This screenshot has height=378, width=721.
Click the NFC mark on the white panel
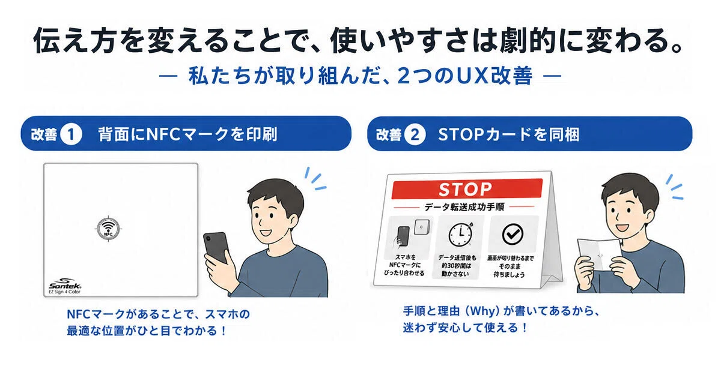pos(109,229)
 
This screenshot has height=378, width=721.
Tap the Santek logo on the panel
pos(65,283)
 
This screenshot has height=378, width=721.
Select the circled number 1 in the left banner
pos(71,134)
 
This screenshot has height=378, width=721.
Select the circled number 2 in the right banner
pos(415,134)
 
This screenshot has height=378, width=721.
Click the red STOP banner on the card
pos(467,189)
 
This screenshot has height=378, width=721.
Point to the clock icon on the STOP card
pos(461,233)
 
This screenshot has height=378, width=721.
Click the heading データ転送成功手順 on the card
pos(464,206)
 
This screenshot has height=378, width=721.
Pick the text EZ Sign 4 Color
pos(64,292)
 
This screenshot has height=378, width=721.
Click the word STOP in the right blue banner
pos(461,134)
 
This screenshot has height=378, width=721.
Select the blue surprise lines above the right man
pos(675,187)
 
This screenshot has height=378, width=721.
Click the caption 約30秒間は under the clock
pos(457,266)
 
